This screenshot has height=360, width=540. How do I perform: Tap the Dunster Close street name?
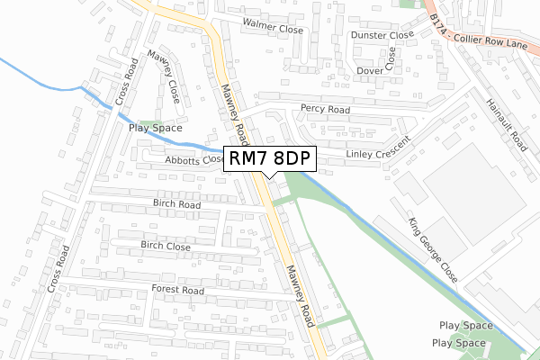[x=383, y=36]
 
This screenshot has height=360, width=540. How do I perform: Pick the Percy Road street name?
[x=325, y=109]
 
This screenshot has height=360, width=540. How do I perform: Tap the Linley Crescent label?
[x=378, y=149]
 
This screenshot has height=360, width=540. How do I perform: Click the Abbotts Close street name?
[x=194, y=160]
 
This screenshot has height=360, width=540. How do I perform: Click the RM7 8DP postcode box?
[x=270, y=158]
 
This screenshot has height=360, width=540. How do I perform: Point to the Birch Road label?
[x=176, y=204]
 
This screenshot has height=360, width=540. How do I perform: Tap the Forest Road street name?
[x=178, y=291]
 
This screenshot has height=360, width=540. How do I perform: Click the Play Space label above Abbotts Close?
[x=156, y=128]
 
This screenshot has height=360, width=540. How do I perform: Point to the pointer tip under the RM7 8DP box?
[x=270, y=177]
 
